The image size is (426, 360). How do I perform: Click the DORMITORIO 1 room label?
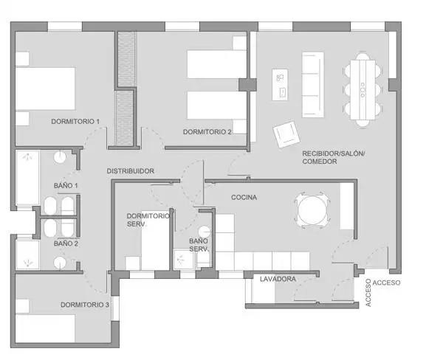[75, 122]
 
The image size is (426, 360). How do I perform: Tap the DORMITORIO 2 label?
[207, 132]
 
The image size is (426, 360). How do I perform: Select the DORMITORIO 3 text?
[85, 305]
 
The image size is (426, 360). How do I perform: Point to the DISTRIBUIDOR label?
[131, 171]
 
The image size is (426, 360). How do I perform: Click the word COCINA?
[244, 198]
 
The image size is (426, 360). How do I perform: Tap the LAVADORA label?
[278, 279]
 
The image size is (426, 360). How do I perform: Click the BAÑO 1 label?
[66, 186]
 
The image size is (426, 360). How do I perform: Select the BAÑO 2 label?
[66, 243]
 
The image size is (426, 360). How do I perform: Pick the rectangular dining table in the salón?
[363, 90]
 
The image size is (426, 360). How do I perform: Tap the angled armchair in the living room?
[286, 134]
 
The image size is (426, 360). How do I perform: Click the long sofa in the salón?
[313, 84]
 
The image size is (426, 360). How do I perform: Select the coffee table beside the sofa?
[280, 84]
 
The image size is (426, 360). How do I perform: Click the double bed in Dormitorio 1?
[45, 89]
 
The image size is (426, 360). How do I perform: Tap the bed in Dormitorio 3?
[45, 328]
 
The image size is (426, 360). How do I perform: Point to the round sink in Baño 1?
[60, 157]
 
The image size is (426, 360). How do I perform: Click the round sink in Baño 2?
[60, 263]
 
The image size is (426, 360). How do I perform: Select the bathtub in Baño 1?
[27, 178]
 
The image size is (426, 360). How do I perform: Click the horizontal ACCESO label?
[386, 283]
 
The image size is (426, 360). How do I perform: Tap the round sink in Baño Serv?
[205, 232]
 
